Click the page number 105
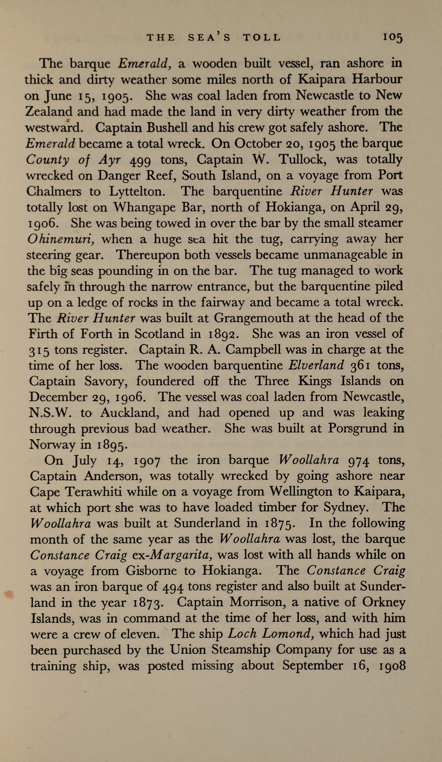[393, 37]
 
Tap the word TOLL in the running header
[262, 37]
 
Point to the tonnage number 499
[141, 160]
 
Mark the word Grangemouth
[254, 318]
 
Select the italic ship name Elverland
[316, 366]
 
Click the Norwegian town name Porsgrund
[357, 428]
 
